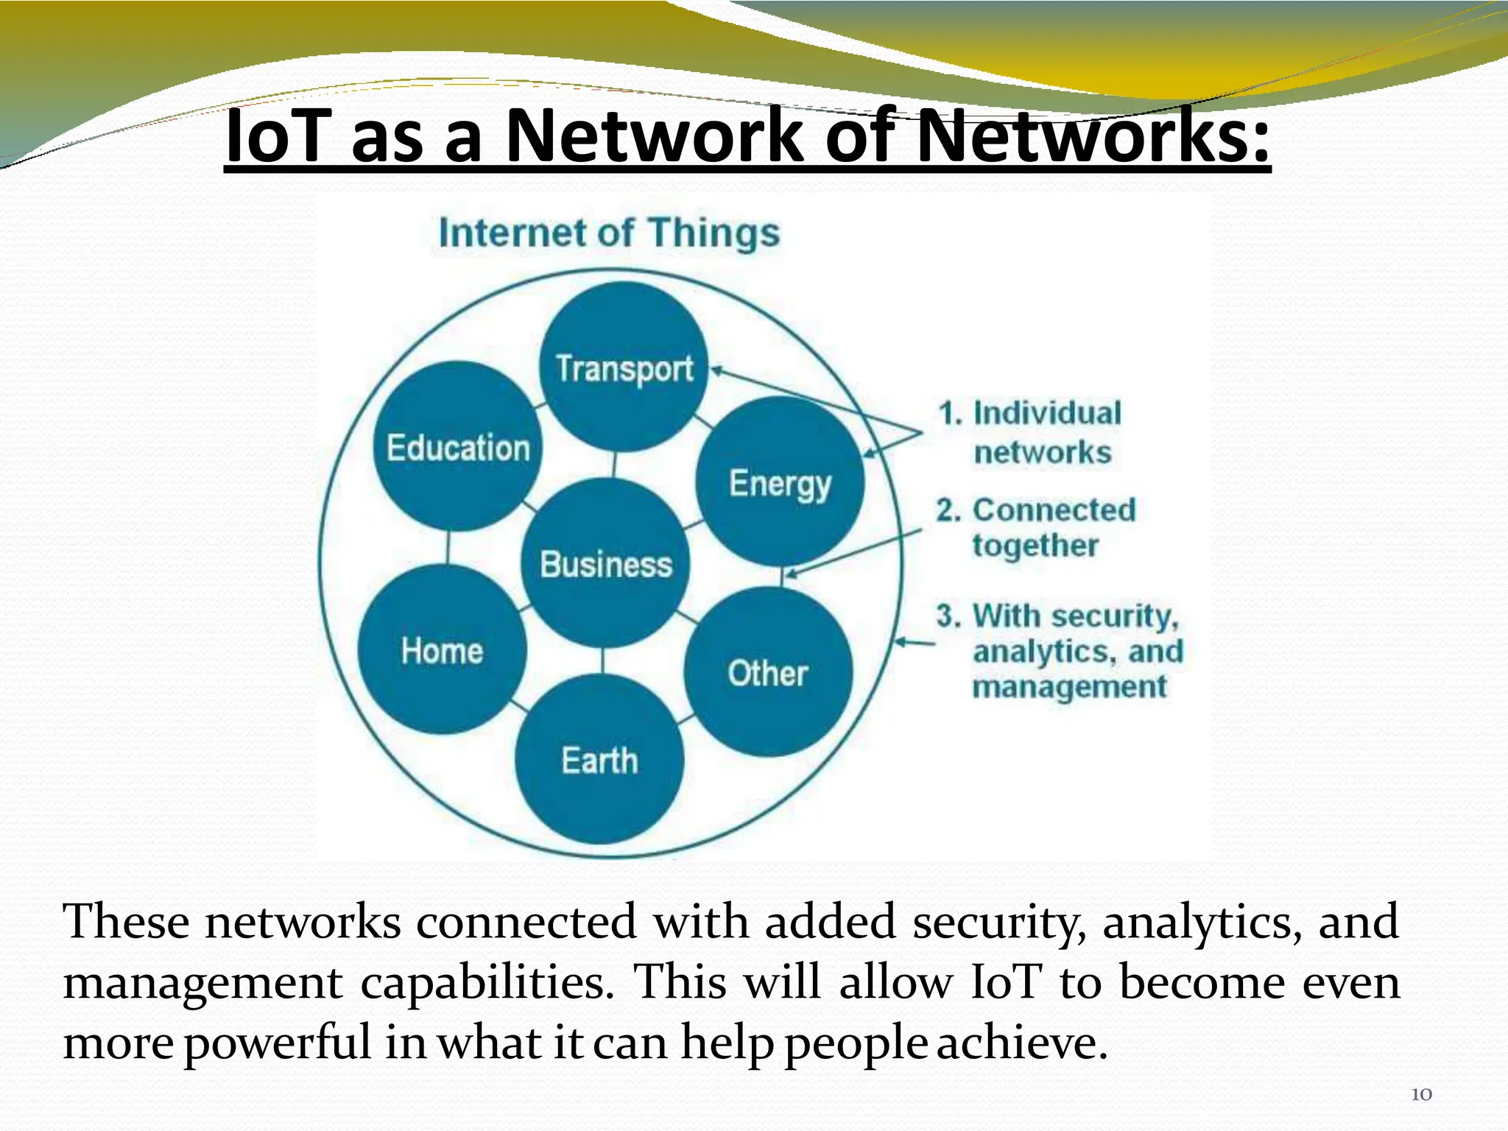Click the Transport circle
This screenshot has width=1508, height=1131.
624,367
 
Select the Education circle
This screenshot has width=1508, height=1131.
458,446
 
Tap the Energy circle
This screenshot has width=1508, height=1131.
780,482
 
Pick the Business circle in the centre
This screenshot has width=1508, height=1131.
606,563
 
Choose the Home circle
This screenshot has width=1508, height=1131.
443,649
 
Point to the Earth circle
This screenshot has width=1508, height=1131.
599,759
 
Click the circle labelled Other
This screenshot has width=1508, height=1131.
768,672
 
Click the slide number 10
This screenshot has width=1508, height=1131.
1421,1094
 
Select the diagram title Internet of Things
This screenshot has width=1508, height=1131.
609,233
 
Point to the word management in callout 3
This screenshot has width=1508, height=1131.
1069,687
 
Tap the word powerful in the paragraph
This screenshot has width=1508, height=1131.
278,1043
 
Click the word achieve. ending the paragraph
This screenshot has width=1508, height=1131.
1023,1043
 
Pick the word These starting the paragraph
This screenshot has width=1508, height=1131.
125,922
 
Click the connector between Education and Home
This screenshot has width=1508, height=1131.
448,547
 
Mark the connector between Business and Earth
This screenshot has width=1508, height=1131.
603,660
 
